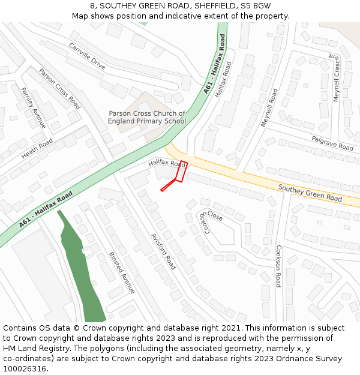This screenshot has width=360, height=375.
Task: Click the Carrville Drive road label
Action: tap(86, 56)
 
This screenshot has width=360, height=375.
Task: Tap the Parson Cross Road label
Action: tap(59, 88)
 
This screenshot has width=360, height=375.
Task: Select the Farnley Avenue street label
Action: tap(33, 108)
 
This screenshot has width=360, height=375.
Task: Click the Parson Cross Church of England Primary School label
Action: tap(147, 117)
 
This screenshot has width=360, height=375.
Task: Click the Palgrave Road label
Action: tap(332, 143)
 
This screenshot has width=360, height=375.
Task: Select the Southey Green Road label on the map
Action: tap(310, 193)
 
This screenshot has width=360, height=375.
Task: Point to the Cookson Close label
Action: tap(211, 220)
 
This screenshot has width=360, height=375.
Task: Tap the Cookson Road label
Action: tap(278, 266)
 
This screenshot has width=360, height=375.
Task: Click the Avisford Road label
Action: tap(163, 251)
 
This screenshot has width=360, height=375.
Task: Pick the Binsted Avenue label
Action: tap(122, 272)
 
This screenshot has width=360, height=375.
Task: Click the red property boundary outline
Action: tap(181, 172)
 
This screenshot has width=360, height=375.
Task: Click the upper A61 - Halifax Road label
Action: tap(215, 64)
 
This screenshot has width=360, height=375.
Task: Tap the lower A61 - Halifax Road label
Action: tap(46, 209)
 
